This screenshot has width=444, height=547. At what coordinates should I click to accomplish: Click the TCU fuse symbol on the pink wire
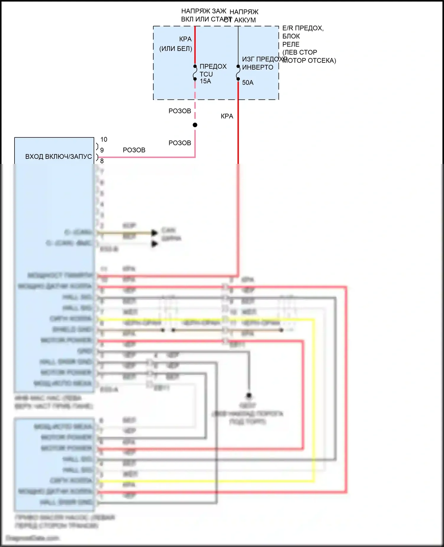[195, 73]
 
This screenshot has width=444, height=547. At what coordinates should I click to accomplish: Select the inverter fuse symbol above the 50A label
[238, 73]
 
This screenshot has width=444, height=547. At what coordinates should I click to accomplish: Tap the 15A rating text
[205, 81]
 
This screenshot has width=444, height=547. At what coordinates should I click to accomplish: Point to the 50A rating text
[248, 83]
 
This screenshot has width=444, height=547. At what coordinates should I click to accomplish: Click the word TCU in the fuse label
[206, 74]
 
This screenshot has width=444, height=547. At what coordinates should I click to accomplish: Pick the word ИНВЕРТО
[258, 67]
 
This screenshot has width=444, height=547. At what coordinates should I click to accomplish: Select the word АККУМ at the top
[245, 20]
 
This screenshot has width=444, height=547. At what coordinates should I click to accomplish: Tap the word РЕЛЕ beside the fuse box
[291, 44]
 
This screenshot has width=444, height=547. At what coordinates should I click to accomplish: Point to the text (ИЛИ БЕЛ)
[176, 49]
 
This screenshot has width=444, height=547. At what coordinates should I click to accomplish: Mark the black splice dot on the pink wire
[195, 125]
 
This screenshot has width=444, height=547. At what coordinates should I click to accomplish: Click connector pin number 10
[104, 139]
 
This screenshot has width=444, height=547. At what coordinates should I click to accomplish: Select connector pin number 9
[102, 150]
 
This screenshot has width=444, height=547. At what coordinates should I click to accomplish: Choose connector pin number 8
[102, 161]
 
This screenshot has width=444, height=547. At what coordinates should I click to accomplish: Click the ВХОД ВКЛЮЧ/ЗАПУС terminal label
[58, 156]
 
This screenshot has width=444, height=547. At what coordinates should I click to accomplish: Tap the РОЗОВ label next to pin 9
[134, 150]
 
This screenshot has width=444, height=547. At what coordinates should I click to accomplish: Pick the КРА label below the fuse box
[227, 116]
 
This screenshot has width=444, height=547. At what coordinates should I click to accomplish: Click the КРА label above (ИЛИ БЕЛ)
[185, 39]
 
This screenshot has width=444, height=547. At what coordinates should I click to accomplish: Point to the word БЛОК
[291, 36]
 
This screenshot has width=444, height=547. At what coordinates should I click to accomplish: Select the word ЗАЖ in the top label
[219, 11]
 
